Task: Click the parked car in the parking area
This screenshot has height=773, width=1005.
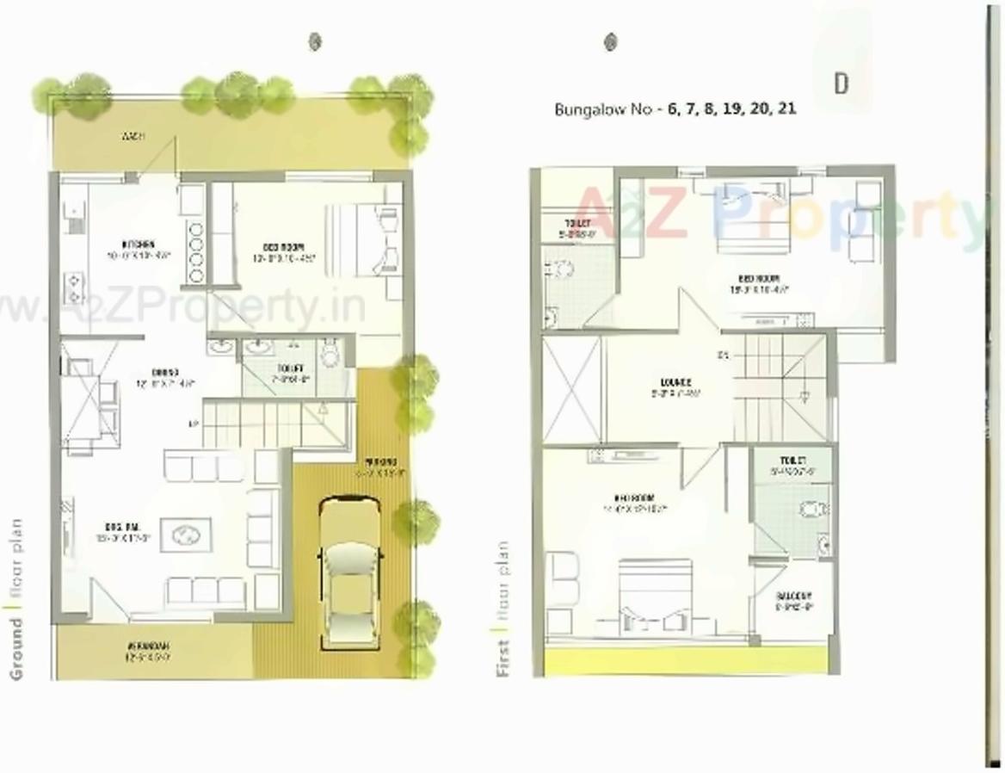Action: [x=351, y=572]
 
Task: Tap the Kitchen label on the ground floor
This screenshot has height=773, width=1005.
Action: [x=139, y=243]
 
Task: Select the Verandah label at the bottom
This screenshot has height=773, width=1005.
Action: [x=149, y=646]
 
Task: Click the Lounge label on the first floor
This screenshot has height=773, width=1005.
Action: [x=676, y=383]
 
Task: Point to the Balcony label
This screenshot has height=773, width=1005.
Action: [x=793, y=597]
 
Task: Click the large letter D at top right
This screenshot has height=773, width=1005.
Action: [x=841, y=83]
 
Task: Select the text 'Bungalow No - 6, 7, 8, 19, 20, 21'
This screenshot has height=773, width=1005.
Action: [x=675, y=109]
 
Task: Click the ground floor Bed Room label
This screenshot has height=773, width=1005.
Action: [x=290, y=247]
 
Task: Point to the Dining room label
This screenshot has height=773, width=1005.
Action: [x=164, y=373]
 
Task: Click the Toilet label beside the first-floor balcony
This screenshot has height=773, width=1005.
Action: [x=792, y=461]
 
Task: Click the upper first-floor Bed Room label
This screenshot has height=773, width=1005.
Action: [x=758, y=279]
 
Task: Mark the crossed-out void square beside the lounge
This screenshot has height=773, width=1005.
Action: [x=572, y=390]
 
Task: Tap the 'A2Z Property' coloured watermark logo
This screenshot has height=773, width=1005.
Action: [x=779, y=214]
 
